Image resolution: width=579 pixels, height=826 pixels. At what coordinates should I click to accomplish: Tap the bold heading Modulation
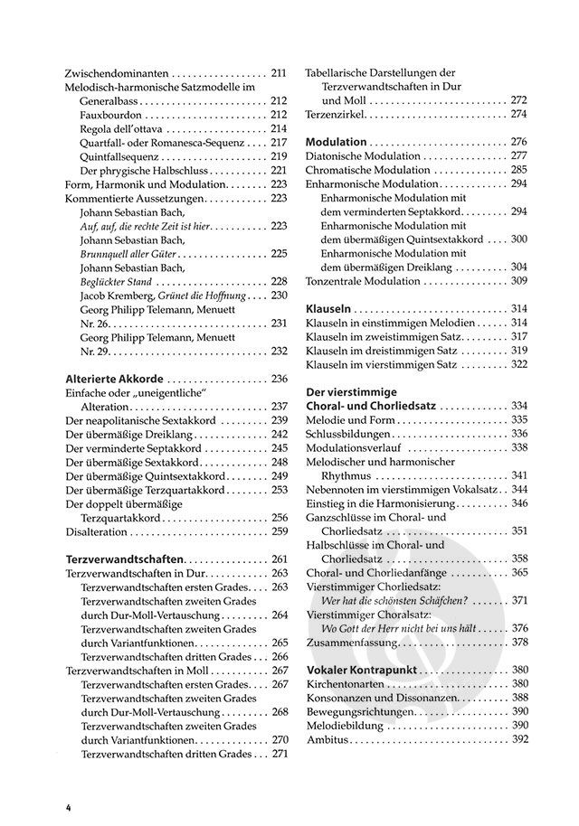point(337,142)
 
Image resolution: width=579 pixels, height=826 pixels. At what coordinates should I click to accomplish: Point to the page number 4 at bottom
point(68,805)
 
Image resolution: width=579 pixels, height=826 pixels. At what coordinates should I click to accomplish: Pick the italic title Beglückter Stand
point(120,281)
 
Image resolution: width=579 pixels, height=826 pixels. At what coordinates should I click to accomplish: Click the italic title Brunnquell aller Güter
point(134,254)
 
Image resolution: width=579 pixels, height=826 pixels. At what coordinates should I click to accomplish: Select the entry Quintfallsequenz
point(122,156)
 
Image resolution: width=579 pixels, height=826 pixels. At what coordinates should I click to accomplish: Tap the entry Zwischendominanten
point(118,72)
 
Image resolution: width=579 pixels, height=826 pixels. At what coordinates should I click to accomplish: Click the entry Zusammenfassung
point(351,643)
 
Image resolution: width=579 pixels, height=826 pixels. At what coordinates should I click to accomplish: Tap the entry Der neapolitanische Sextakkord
point(139,420)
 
